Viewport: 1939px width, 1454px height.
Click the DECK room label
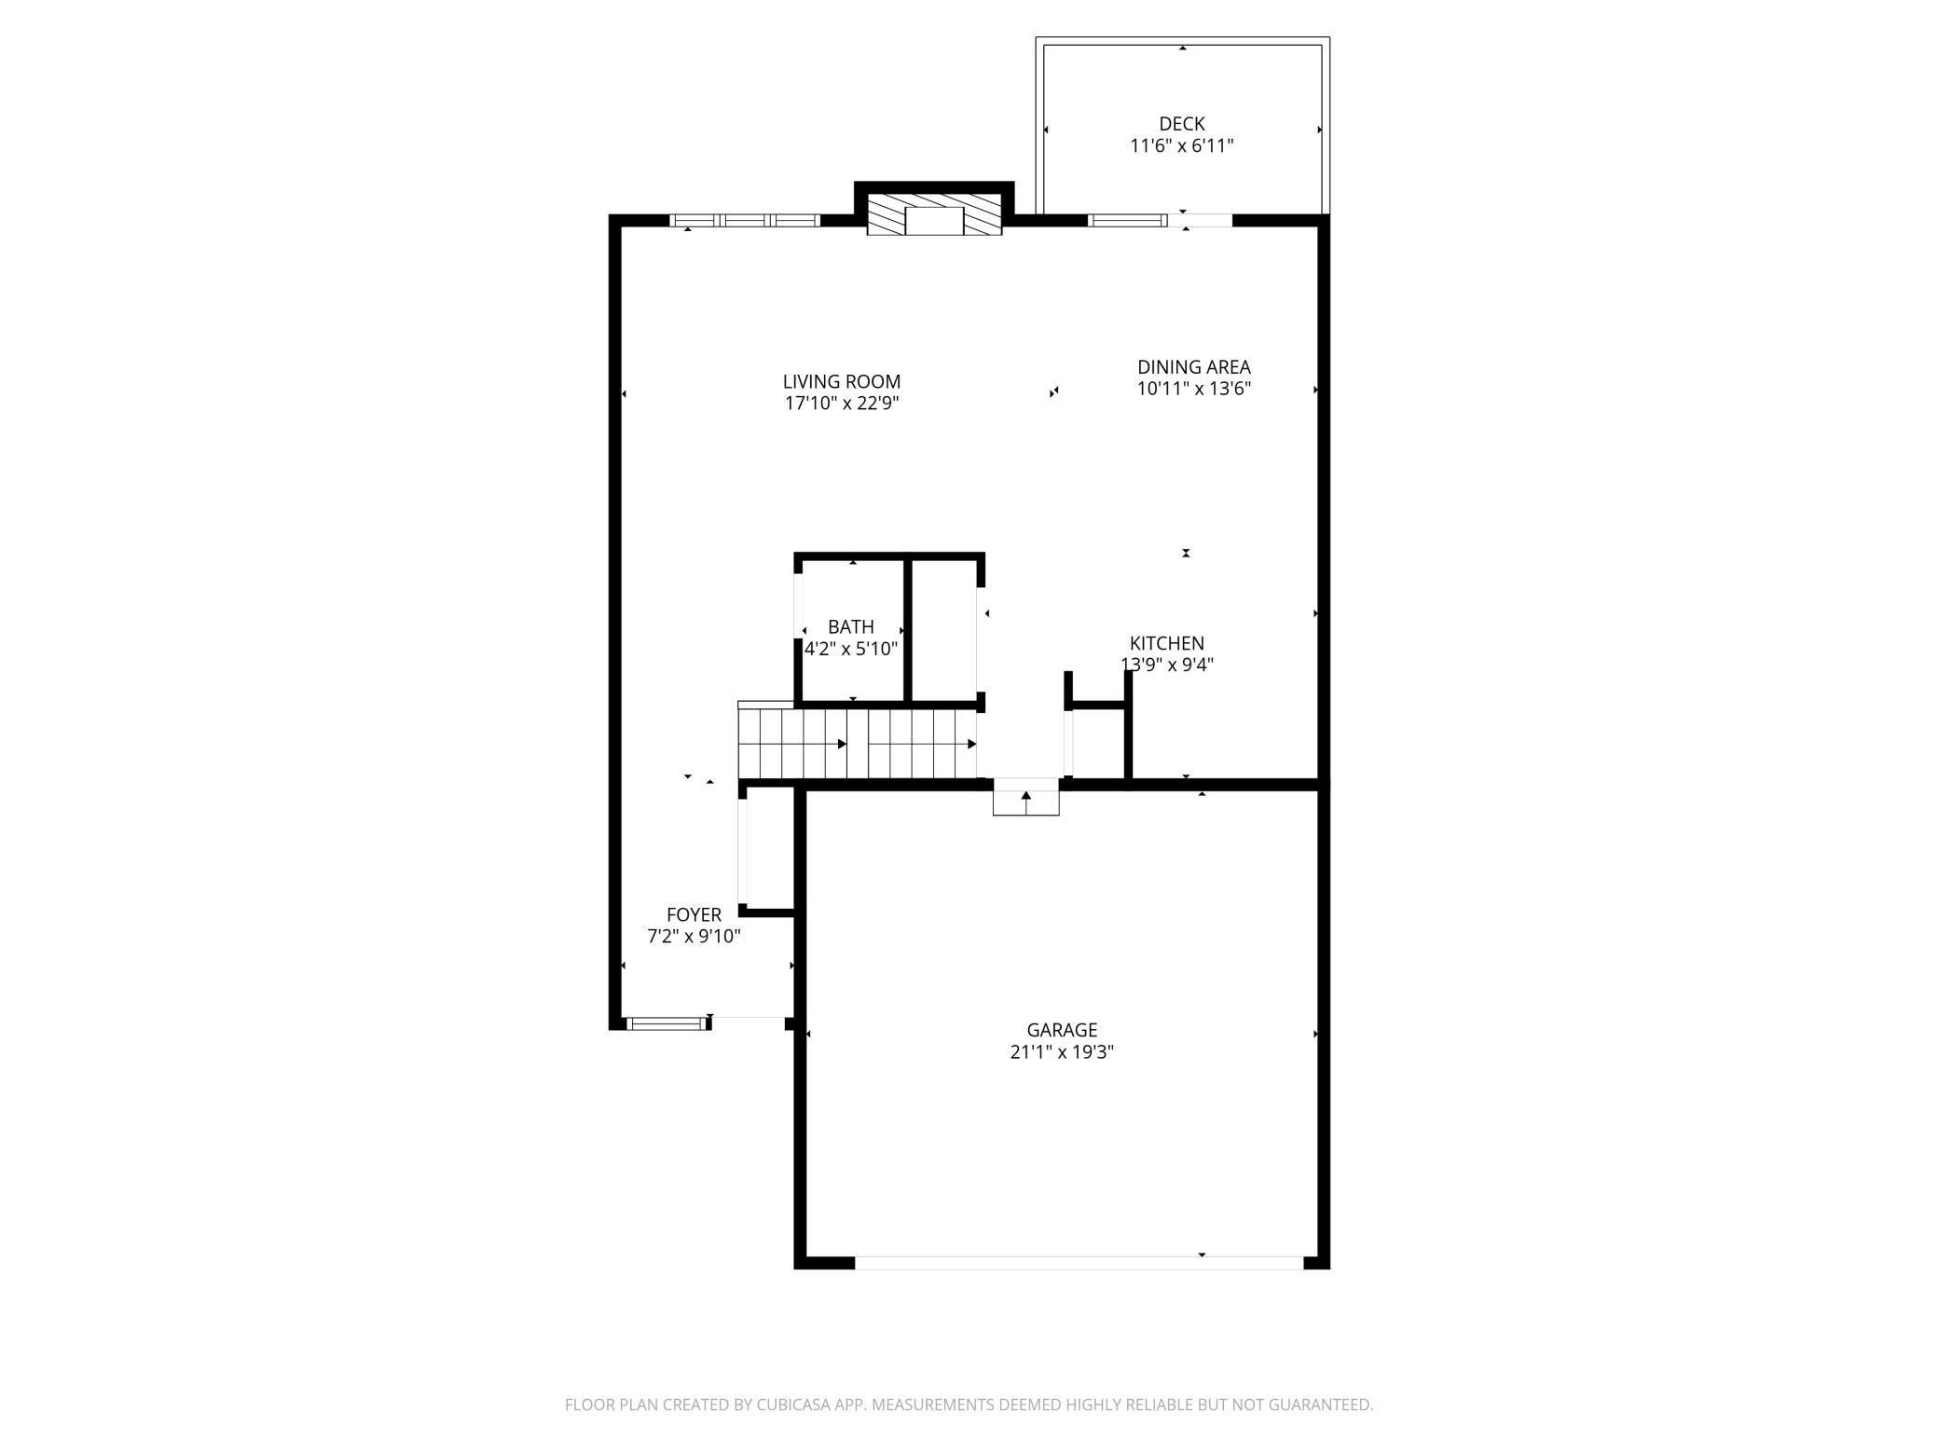[x=1181, y=124]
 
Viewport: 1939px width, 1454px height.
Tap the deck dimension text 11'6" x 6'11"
[x=1181, y=145]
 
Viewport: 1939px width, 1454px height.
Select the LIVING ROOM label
[x=841, y=381]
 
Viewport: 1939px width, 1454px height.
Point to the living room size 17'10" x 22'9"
[x=841, y=404]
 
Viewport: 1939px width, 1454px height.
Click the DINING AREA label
[x=1193, y=367]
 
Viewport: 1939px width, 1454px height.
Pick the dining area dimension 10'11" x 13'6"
[x=1193, y=389]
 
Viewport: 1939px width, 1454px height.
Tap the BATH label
[x=850, y=627]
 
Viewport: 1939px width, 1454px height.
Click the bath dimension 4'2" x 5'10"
[x=850, y=649]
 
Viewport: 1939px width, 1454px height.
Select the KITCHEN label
[x=1166, y=643]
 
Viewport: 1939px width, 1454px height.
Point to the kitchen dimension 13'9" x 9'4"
[x=1166, y=665]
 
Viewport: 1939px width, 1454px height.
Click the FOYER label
[x=694, y=915]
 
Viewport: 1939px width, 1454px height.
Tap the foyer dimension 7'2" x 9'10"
[x=694, y=937]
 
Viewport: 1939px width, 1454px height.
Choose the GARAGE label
[x=1062, y=1030]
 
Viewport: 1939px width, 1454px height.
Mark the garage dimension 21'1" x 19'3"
[x=1062, y=1052]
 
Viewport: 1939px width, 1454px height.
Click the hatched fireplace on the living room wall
[x=934, y=215]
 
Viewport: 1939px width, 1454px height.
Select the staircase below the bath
[x=858, y=743]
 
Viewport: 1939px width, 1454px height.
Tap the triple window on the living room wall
[x=745, y=221]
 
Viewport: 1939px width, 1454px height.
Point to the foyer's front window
[x=666, y=1023]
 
